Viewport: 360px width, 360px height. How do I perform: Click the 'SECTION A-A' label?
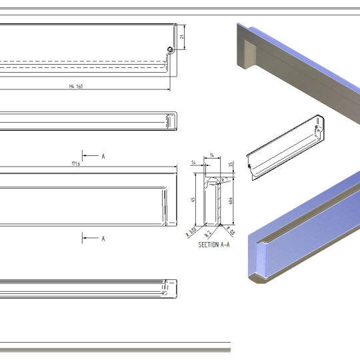213,245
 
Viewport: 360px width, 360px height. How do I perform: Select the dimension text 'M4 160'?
75,87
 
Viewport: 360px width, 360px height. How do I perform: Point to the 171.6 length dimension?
75,163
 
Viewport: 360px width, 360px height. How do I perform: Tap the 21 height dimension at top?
181,37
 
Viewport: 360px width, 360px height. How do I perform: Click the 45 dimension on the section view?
194,200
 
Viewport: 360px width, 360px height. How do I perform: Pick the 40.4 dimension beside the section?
230,202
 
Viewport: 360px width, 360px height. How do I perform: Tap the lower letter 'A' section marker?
103,238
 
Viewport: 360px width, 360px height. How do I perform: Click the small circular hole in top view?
171,50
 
